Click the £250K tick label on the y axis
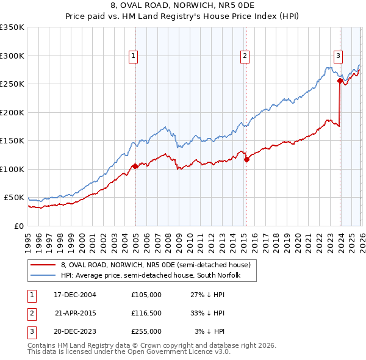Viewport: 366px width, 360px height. [12, 84]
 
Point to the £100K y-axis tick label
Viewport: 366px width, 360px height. [12, 169]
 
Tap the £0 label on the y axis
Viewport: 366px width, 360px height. [19, 226]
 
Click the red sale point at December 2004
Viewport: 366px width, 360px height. [135, 166]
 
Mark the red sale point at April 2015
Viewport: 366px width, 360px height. [246, 160]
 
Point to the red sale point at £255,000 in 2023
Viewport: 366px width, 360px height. [340, 81]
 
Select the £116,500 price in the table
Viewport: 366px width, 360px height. [146, 313]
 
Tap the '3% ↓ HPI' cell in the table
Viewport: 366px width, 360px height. [209, 331]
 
